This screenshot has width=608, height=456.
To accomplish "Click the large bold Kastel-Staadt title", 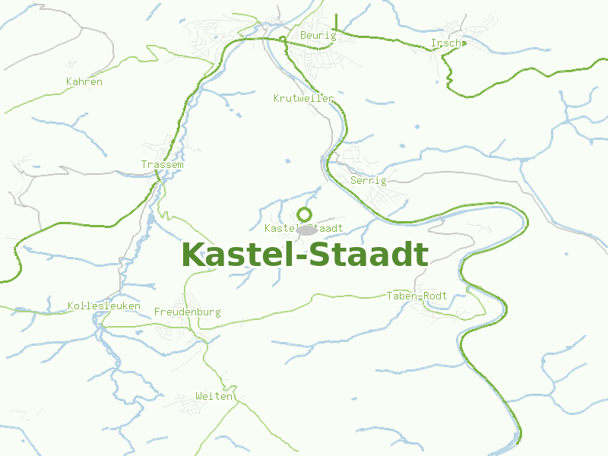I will click(x=305, y=255).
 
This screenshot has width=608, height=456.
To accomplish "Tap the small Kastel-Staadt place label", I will click(x=303, y=229).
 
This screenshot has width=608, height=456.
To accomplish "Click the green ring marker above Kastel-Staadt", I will click(x=305, y=214).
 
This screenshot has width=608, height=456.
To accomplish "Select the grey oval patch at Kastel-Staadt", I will click(x=307, y=230).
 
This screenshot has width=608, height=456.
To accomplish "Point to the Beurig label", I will click(x=318, y=36).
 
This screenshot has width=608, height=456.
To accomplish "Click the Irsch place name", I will click(x=445, y=43).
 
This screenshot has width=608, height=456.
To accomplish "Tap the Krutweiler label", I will click(x=303, y=99).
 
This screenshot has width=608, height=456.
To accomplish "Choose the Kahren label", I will click(x=84, y=82).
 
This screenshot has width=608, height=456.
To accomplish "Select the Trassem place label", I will click(x=162, y=165).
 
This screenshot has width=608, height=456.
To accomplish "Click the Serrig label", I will click(x=369, y=181).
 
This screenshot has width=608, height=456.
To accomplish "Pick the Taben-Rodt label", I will click(x=416, y=296).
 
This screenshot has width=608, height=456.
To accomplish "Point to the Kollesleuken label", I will click(x=104, y=306).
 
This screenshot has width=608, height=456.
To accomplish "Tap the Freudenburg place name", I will click(x=187, y=312).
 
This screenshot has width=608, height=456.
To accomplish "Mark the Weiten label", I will click(x=214, y=397).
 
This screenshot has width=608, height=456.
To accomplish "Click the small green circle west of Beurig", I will click(x=283, y=38).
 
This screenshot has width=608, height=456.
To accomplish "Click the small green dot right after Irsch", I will click(x=463, y=43).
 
